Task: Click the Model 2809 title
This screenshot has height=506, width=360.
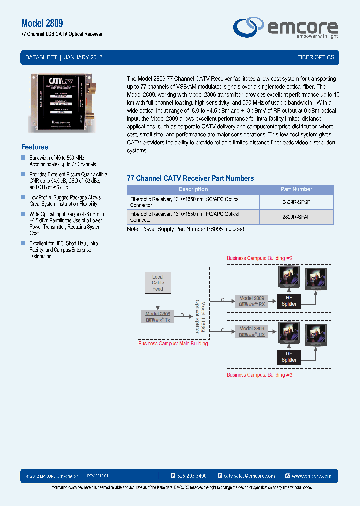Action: pos(42,23)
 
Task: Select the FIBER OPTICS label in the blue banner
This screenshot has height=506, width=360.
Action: pos(315,57)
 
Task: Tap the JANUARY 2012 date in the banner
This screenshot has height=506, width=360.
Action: pos(83,57)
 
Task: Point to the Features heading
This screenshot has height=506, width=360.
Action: pos(35,147)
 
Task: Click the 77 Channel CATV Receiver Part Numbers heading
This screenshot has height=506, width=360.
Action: pos(190,178)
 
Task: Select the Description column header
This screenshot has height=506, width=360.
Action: pos(193,190)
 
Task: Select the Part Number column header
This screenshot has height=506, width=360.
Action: pos(296,190)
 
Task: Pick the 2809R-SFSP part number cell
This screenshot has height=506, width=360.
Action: pos(296,202)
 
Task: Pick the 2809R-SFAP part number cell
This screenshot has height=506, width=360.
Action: pos(296,217)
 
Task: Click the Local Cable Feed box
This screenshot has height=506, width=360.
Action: pos(158,283)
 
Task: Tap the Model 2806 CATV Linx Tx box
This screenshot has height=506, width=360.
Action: pos(158,317)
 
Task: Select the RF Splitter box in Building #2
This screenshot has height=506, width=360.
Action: pos(289,301)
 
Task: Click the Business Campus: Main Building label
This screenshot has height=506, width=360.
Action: pos(173,344)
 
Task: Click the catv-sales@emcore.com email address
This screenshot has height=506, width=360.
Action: pos(249,476)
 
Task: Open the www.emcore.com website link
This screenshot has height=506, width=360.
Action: pos(311,476)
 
